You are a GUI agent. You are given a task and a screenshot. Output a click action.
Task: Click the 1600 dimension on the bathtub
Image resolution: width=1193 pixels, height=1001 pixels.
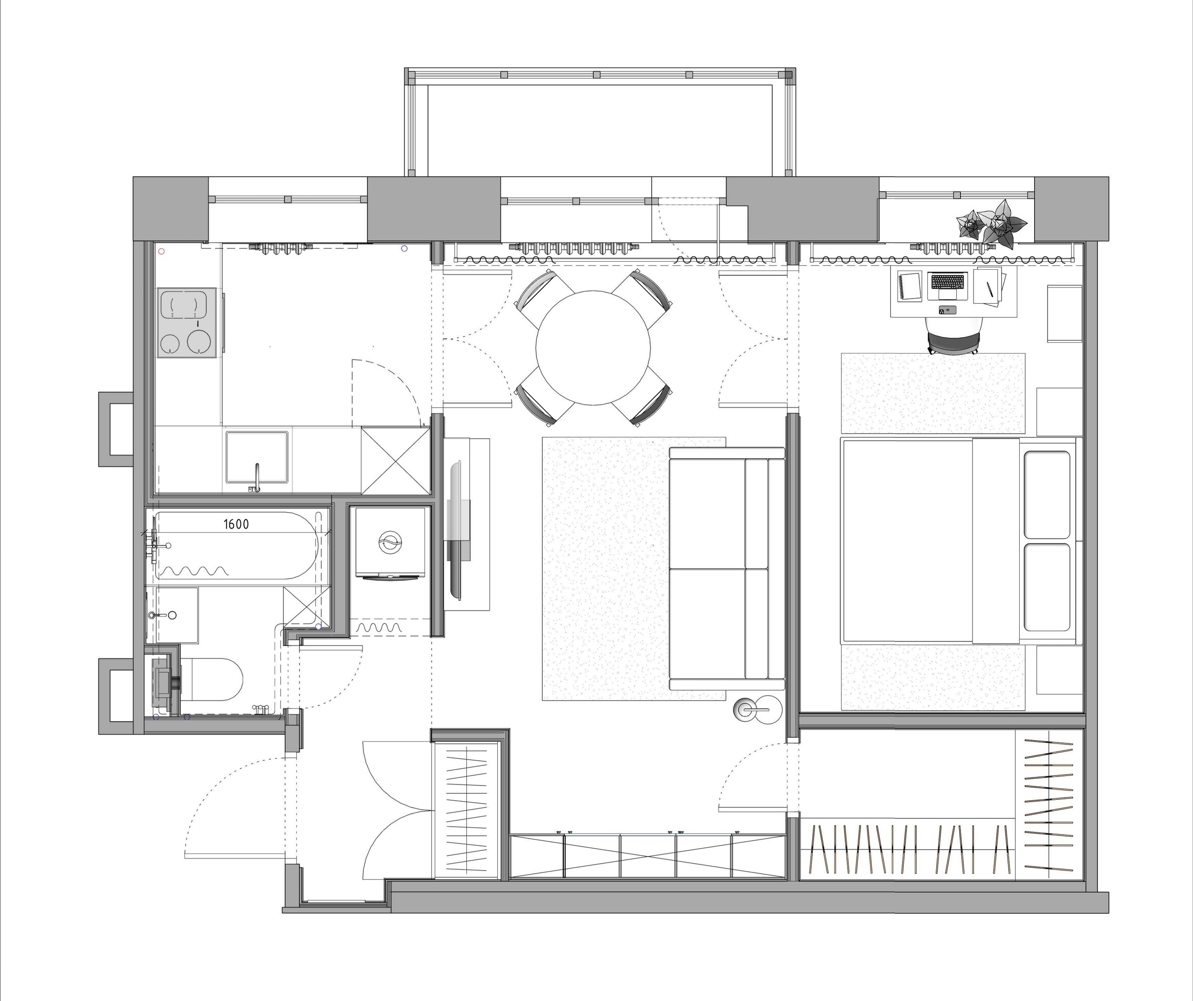[x=236, y=524]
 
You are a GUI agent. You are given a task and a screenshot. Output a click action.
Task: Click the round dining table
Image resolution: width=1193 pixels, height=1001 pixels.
[x=593, y=348]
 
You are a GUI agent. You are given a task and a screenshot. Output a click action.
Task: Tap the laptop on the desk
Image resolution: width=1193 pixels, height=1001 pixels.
[x=947, y=286]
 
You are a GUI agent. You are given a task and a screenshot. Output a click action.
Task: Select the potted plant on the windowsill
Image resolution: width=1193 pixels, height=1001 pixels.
[x=992, y=224]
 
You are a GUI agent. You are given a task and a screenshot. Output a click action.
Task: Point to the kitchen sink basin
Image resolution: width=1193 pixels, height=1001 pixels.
[x=257, y=457]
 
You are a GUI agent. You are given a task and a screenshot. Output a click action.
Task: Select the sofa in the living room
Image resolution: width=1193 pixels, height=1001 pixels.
[x=727, y=568]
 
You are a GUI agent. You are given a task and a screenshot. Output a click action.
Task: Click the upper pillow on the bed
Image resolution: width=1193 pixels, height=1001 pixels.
[x=1047, y=494]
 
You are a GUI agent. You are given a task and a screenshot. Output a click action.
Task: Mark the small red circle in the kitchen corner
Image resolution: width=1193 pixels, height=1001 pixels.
[x=162, y=251]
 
